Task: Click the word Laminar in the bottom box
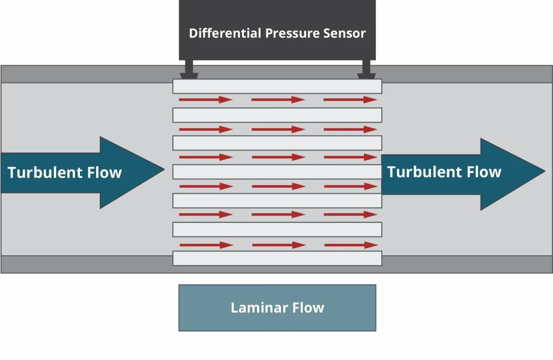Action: [x=254, y=308]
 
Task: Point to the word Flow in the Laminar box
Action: [x=309, y=308]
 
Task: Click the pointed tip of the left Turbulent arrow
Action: [x=163, y=172]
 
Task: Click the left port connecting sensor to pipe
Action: [x=189, y=70]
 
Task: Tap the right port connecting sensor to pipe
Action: [x=366, y=70]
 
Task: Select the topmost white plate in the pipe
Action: [x=277, y=86]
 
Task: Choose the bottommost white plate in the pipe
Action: [x=277, y=258]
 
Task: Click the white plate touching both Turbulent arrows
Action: [x=277, y=172]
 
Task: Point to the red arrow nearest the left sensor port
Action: [x=205, y=100]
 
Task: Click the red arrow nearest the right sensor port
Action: [x=350, y=100]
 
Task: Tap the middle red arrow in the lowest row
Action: [x=279, y=245]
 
